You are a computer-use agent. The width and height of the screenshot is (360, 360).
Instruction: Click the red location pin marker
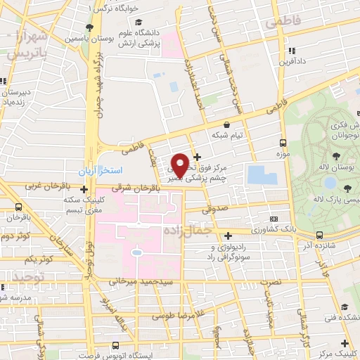181,165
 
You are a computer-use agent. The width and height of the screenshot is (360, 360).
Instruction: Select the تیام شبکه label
228,134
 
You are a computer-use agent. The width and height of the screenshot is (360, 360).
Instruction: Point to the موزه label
283,153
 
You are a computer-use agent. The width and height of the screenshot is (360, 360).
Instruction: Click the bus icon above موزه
283,141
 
